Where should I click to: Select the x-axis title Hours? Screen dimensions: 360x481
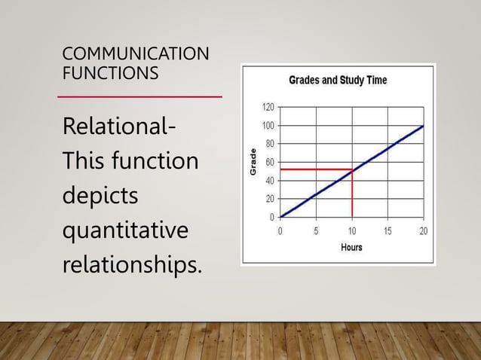tap(351, 247)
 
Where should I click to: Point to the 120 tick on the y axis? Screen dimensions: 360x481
tap(268, 107)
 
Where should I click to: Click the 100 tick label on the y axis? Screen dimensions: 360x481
tap(268, 125)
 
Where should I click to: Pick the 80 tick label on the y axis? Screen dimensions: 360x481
tap(270, 144)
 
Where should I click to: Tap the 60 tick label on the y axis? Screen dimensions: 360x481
tap(270, 162)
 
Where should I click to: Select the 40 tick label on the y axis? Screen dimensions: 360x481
tap(270, 181)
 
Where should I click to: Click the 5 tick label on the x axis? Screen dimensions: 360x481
tap(316, 230)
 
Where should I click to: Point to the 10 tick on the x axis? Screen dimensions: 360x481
tap(352, 230)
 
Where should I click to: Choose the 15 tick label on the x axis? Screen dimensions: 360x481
tap(388, 230)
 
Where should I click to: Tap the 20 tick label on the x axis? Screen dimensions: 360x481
tap(423, 230)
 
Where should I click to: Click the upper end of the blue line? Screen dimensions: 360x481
tap(423, 126)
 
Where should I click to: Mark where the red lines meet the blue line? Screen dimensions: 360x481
tap(352, 170)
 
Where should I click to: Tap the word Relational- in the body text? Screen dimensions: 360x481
tap(121, 127)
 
